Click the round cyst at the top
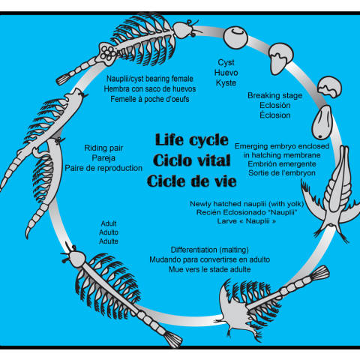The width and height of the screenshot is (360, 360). click(235, 37)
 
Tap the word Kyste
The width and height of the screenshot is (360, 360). click(226, 83)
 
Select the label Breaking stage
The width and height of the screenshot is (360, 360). click(274, 95)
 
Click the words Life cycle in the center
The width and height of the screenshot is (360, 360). click(192, 139)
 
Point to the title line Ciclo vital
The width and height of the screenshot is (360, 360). click(192, 160)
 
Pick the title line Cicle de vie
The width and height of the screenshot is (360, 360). click(192, 181)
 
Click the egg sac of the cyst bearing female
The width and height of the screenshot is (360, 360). click(108, 54)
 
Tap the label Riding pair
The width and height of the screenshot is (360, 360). click(103, 148)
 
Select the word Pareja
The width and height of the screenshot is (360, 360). click(103, 158)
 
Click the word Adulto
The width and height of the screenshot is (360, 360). click(109, 232)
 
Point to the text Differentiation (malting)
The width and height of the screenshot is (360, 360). click(210, 250)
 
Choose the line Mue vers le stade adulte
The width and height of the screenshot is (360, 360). click(210, 269)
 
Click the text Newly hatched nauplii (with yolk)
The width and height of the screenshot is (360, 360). click(247, 204)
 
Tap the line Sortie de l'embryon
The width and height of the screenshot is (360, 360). click(282, 173)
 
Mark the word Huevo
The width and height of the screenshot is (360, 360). click(226, 73)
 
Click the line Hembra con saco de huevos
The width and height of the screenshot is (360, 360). click(150, 89)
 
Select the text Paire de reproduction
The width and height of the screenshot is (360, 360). click(103, 168)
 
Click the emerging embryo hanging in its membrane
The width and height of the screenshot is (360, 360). click(322, 122)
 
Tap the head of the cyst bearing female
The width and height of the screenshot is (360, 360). click(184, 29)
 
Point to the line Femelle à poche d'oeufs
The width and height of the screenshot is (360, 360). click(150, 99)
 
